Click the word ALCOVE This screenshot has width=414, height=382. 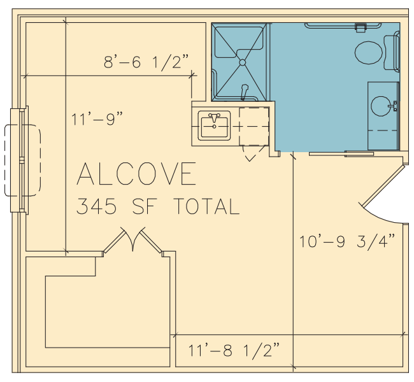click(136, 173)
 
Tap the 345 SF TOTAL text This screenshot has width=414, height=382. click(158, 206)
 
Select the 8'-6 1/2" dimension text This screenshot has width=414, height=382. click(146, 62)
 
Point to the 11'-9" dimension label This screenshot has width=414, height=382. click(97, 118)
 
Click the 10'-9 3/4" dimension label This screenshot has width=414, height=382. click(347, 241)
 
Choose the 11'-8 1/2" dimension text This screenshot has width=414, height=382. click(234, 350)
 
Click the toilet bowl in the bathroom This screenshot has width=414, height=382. click(369, 53)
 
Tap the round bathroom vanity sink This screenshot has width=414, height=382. click(381, 106)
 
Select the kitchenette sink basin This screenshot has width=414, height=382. click(214, 125)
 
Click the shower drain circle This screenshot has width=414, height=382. click(243, 62)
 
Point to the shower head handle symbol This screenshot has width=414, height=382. click(245, 91)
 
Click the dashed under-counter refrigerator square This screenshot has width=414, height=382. click(254, 126)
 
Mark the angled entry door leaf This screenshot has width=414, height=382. click(383, 185)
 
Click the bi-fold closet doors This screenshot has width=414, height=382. click(132, 239)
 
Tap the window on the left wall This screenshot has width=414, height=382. click(19, 160)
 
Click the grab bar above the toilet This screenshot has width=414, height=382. click(343, 26)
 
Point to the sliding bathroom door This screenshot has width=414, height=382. click(341, 153)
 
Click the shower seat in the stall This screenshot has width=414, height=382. click(239, 40)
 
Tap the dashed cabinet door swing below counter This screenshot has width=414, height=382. click(253, 153)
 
